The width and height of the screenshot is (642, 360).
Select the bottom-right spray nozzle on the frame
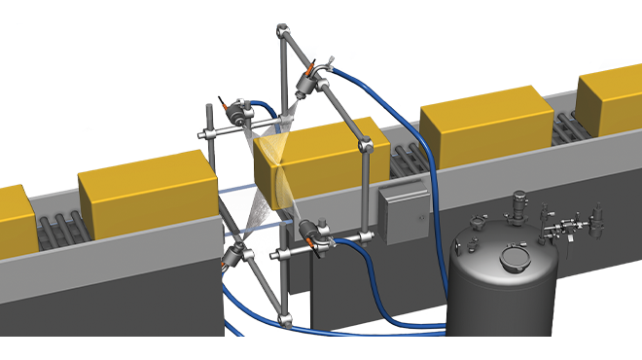[313, 234]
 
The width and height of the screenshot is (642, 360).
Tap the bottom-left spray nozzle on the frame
[237, 259]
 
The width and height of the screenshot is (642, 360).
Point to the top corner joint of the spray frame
[282, 35]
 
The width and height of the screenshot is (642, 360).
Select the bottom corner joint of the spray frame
[283, 317]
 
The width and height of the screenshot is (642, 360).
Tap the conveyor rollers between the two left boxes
[59, 234]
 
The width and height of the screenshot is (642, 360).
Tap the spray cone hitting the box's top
[274, 146]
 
